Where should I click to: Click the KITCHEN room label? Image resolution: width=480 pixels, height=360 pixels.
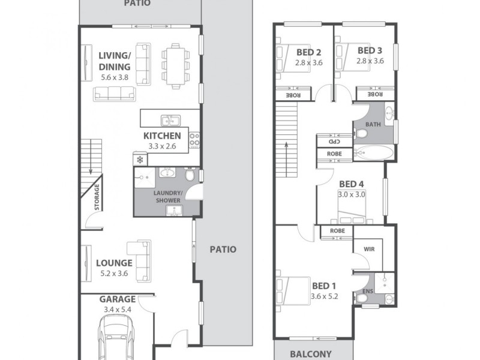(162, 136)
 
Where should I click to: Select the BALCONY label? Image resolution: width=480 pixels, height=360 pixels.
(311, 354)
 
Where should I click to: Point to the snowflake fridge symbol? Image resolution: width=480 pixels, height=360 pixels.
(140, 160)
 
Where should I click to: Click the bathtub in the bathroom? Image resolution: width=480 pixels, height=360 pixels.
(373, 152)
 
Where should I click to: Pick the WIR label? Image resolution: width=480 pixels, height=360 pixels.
(368, 249)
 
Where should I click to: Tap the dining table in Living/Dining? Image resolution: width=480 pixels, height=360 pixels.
(175, 65)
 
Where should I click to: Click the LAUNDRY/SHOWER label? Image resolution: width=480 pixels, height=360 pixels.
(167, 196)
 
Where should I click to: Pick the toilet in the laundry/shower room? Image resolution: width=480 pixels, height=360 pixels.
(189, 175)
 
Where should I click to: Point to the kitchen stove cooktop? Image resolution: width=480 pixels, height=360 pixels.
(194, 140)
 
